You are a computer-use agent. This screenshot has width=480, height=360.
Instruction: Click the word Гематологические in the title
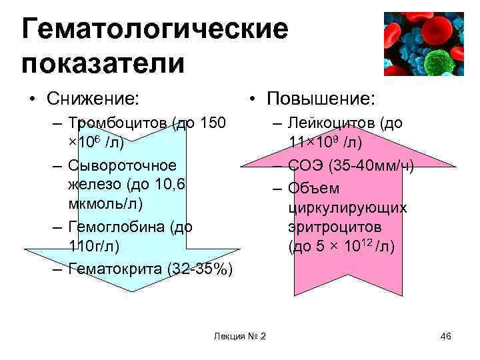[x=155, y=29]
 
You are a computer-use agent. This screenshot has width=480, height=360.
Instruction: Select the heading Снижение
[x=93, y=99]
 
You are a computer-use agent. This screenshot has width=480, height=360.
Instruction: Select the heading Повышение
[x=320, y=99]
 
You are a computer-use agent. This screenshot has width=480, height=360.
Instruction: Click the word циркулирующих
[x=347, y=207]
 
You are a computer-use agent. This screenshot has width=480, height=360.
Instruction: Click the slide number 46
[x=446, y=335]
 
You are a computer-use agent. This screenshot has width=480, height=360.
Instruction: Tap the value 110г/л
[x=95, y=247]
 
